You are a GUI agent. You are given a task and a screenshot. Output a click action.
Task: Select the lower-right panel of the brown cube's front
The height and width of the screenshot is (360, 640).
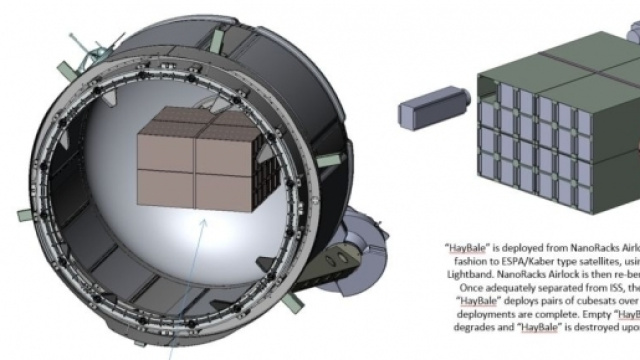225,191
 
